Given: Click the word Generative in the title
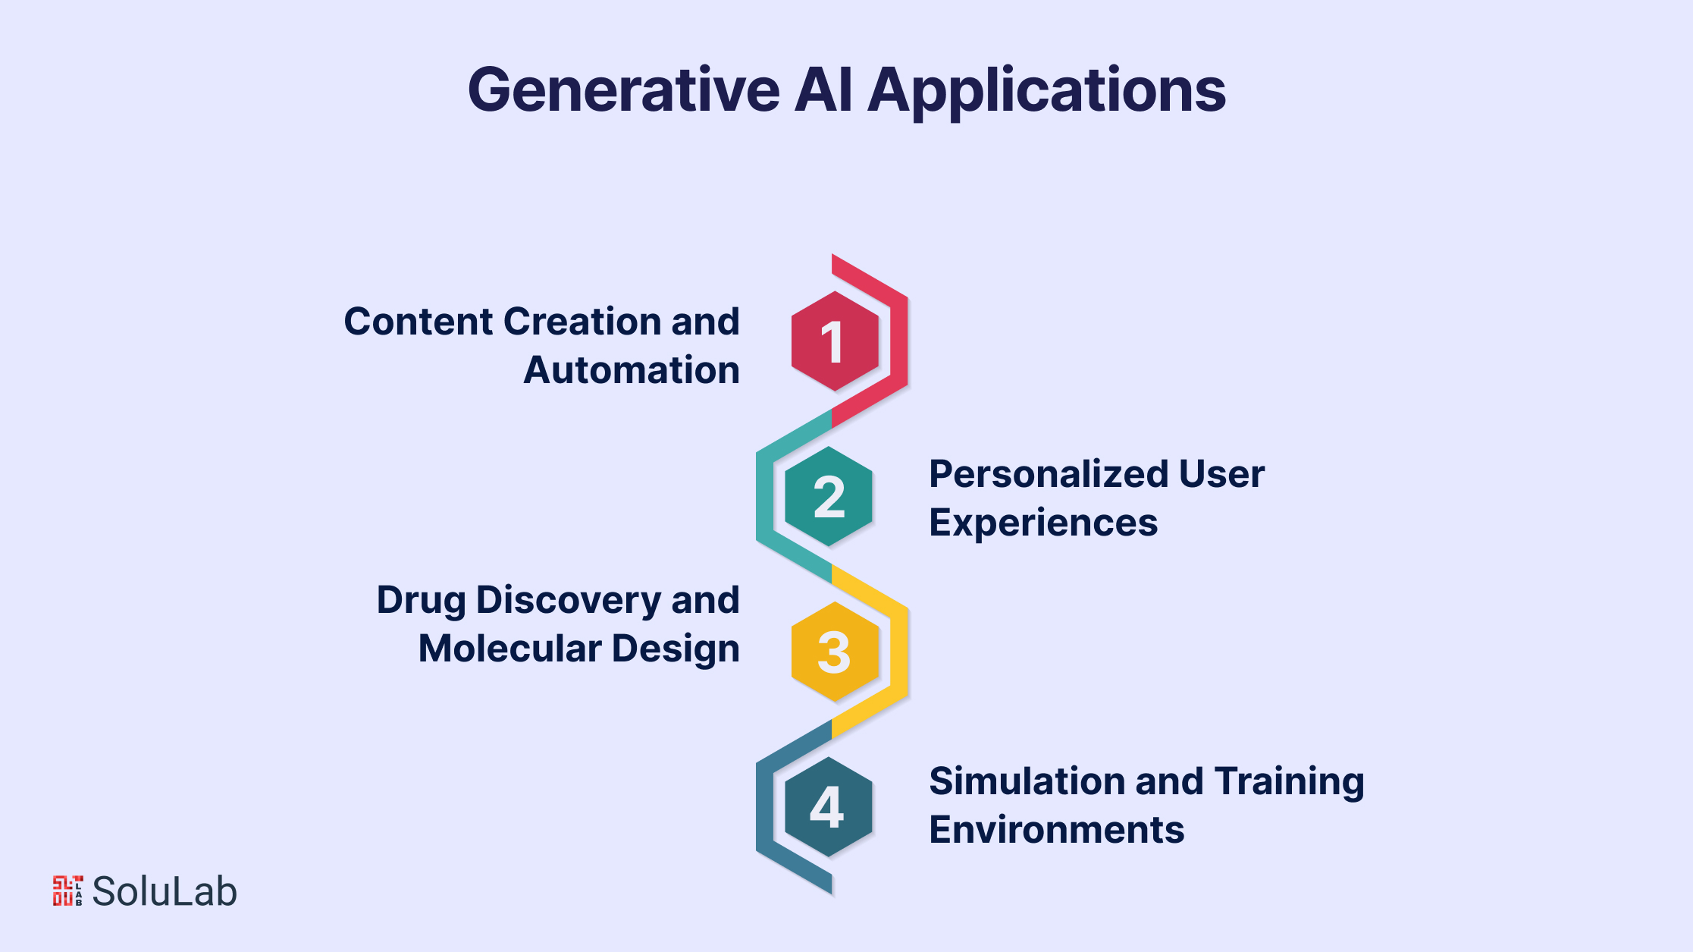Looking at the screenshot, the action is pos(624,90).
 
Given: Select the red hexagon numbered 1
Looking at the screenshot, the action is pos(835,341).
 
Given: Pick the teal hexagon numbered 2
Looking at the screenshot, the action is pos(829,497).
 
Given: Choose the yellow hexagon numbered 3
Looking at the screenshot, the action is pos(835,652).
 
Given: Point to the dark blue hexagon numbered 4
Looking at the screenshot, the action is pos(829,807).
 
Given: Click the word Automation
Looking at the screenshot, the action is pos(632,370).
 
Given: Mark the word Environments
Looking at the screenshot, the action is pos(1057,830).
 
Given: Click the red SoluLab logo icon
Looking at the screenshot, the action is pos(67,891).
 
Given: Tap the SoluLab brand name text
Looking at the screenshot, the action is pos(165,891).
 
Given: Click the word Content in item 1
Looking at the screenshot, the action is pos(419,322).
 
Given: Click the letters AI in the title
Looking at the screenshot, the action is pos(824,90).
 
